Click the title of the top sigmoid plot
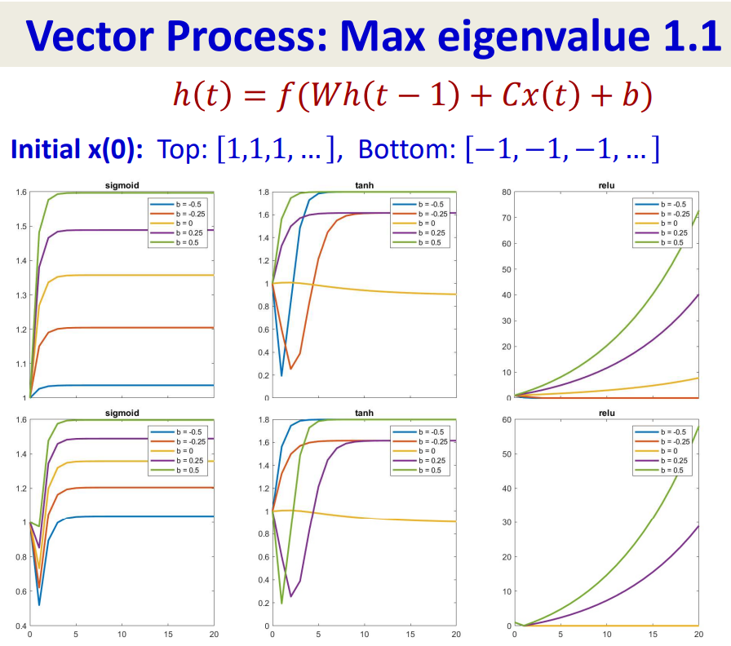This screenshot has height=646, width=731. click(122, 186)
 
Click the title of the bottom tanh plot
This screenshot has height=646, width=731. click(363, 414)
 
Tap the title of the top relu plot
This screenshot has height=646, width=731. click(606, 186)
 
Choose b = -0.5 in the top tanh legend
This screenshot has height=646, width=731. click(425, 204)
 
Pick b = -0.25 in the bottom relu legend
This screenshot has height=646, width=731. click(667, 441)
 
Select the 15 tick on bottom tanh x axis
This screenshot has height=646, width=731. click(410, 633)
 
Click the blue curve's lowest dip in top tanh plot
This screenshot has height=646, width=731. click(281, 375)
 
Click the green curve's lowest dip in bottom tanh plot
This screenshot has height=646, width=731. click(281, 604)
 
